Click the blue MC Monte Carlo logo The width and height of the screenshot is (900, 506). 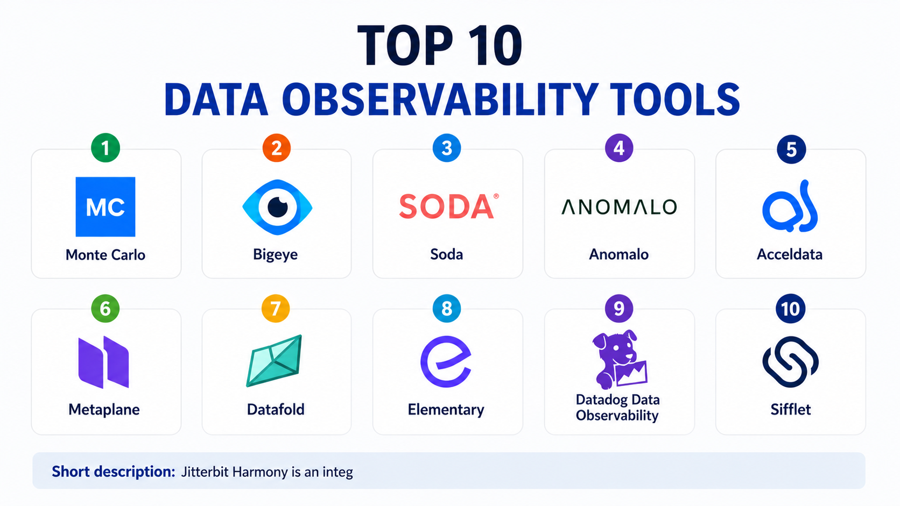click(x=106, y=206)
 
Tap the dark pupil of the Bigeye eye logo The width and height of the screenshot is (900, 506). click(x=278, y=207)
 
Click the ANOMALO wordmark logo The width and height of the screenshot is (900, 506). click(x=619, y=206)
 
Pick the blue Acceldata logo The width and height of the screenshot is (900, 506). click(x=790, y=206)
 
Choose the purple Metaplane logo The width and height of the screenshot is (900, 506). click(x=104, y=362)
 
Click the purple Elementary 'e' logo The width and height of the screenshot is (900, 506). click(x=446, y=361)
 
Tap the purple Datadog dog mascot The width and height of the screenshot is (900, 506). click(x=619, y=359)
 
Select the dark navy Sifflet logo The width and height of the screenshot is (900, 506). click(x=790, y=362)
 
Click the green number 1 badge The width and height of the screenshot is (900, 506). click(x=106, y=148)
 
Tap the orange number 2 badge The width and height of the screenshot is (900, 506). click(x=277, y=148)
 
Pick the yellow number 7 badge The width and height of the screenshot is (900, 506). click(x=275, y=309)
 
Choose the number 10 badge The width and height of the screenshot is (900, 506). click(x=790, y=309)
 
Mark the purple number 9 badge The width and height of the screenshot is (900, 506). click(x=619, y=309)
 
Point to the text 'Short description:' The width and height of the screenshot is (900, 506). click(x=113, y=472)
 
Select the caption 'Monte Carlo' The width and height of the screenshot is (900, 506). click(x=106, y=255)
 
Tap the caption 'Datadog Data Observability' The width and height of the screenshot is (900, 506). click(x=617, y=407)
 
